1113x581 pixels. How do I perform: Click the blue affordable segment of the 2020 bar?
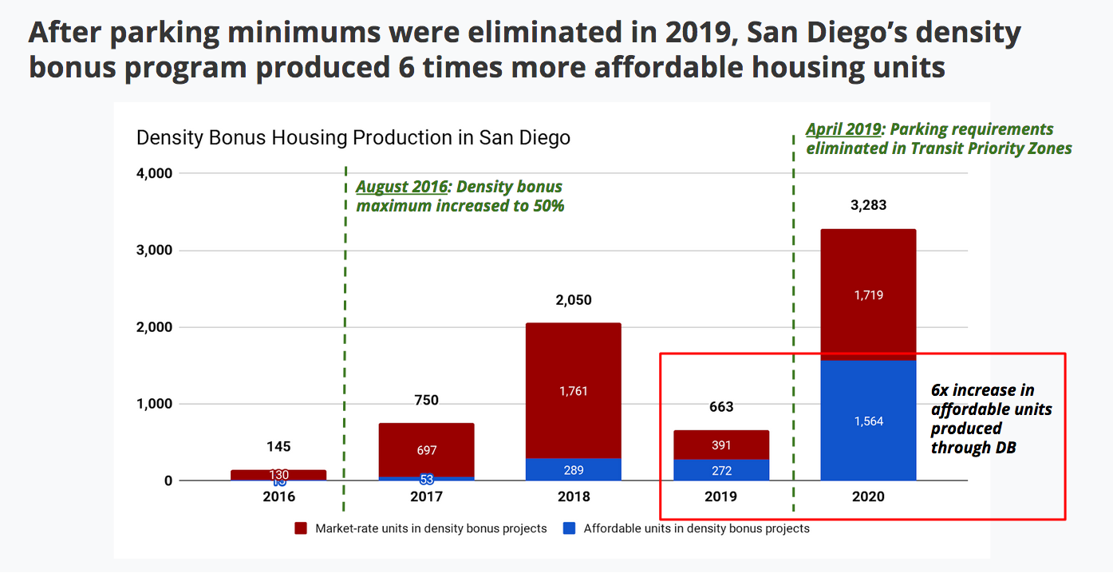pos(868,447)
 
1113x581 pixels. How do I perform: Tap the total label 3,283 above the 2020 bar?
pos(868,205)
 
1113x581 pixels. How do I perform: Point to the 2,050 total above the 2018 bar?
pos(574,300)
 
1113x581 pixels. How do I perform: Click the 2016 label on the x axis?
pos(278,496)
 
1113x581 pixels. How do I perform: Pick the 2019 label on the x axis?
pos(721,496)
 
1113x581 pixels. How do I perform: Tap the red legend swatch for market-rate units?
pos(301,528)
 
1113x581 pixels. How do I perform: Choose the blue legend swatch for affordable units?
pos(569,528)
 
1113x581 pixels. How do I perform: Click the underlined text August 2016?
pos(401,187)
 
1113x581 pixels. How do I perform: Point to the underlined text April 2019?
pos(843,129)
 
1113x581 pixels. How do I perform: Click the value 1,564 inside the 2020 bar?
pos(868,421)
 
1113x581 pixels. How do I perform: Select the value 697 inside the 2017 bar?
pos(426,451)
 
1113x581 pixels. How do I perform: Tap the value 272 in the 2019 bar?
pos(721,471)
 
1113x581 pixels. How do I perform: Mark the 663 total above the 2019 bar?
pos(721,407)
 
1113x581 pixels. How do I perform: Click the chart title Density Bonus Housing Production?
pos(353,137)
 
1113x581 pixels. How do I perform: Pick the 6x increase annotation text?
pos(989,418)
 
